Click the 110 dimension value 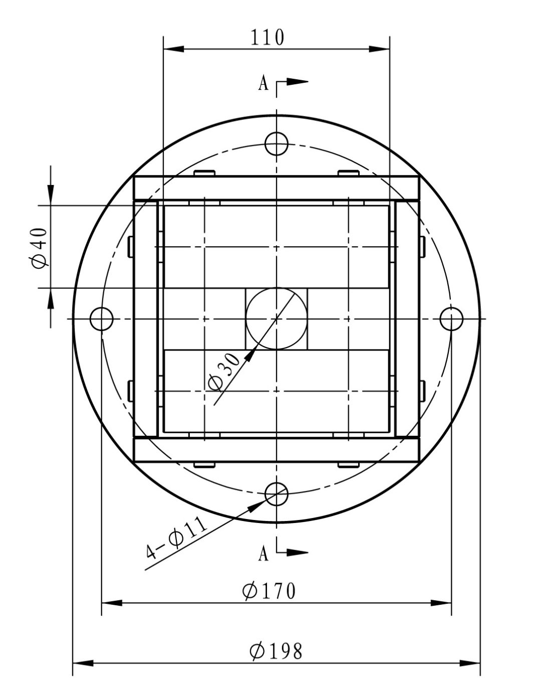[x=267, y=37]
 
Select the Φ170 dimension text [x=269, y=590]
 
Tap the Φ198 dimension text [x=276, y=651]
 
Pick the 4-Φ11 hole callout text [x=176, y=539]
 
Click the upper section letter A [x=263, y=83]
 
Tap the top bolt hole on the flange [x=277, y=143]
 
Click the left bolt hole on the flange [x=101, y=319]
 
